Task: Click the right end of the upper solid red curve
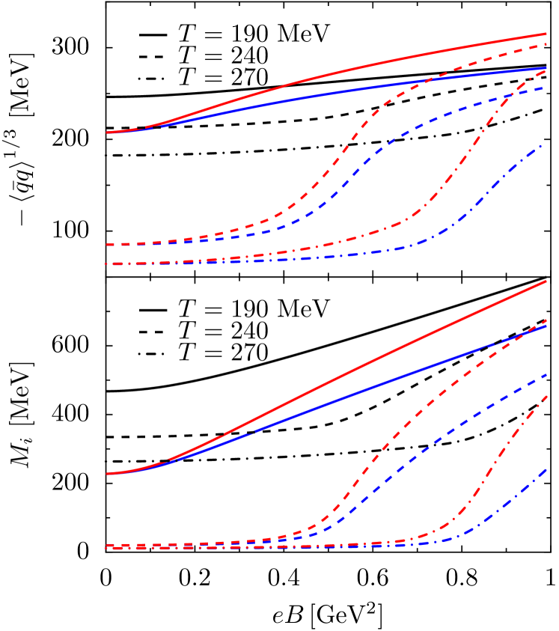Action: pos(547,34)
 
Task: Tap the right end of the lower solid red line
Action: pos(547,281)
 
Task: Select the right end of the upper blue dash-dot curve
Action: pos(542,145)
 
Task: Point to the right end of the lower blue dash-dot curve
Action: pos(547,470)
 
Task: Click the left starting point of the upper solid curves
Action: pos(107,132)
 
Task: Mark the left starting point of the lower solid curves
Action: pos(107,474)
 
